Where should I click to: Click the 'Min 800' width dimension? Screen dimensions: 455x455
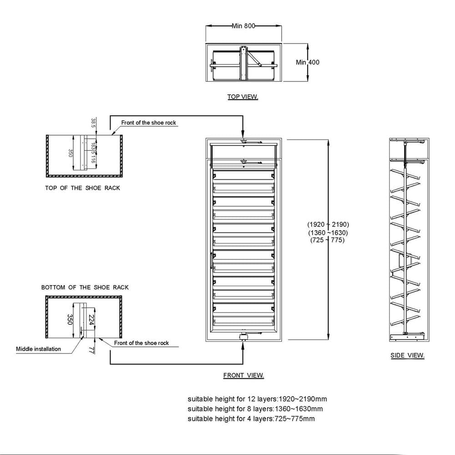coord(243,26)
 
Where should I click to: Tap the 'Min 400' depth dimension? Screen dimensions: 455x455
coord(308,62)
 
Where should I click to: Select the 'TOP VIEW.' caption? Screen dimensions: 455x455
coord(243,96)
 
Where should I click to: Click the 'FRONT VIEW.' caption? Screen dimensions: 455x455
coord(243,375)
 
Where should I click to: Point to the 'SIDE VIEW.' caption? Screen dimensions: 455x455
coord(407,355)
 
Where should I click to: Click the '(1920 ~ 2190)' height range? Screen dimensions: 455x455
coord(328,224)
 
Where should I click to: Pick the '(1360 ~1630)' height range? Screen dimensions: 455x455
coord(328,233)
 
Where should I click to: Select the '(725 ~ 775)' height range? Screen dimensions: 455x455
coord(327,240)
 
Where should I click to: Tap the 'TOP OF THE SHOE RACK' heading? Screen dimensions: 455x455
coord(82,188)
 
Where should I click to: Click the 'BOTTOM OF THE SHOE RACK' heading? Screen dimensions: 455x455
coord(85,287)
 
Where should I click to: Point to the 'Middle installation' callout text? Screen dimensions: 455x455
coord(38,349)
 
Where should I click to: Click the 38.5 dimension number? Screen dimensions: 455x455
coord(93,123)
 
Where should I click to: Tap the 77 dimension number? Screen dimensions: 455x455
coord(91,350)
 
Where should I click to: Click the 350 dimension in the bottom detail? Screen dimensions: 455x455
coord(70,319)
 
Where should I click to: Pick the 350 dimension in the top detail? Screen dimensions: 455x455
coord(70,153)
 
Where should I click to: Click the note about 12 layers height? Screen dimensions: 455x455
coord(257,399)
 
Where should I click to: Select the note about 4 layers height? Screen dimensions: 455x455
coord(251,419)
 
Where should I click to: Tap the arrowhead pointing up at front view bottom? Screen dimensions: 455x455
coord(243,346)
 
